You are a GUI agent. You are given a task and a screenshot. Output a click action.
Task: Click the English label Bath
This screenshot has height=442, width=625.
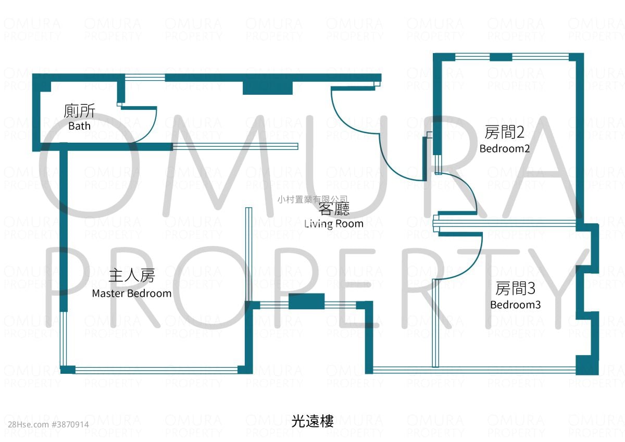pos(79,126)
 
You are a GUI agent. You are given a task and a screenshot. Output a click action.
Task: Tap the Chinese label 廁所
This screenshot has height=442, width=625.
pos(79,111)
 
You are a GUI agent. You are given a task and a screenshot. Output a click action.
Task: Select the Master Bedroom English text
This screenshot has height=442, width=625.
pos(132,294)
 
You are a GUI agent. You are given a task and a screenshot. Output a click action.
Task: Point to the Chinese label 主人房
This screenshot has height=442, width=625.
pos(132,275)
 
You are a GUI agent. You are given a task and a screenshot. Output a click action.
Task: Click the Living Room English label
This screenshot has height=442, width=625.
pos(334,224)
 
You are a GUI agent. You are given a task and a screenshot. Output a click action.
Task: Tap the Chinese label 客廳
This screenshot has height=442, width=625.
pos(334,209)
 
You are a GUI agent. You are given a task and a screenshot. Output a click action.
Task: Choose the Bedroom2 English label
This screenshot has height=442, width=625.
pos(505,148)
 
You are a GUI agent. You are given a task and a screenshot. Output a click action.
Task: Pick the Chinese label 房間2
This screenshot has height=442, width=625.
pos(505,132)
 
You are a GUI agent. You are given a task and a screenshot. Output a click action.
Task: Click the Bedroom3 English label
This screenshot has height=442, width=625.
pos(515,305)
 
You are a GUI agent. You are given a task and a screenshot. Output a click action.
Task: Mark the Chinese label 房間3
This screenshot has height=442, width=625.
pos(515,288)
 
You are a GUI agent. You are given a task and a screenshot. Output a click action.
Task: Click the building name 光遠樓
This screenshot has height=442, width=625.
pos(312,421)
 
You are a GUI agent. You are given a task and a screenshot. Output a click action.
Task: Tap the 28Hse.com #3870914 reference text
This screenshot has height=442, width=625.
pos(48,424)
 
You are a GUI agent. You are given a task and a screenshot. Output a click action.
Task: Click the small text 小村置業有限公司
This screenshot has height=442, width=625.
pos(312,199)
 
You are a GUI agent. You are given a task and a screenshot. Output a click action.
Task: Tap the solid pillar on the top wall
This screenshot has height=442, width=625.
pos(268,88)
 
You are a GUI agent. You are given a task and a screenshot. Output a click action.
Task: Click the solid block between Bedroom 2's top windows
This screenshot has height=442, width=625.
pos(501,57)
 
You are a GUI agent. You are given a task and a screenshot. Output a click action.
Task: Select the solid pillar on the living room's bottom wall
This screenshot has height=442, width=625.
pos(306,301)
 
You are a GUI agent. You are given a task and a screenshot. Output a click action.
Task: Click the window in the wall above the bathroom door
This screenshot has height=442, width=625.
pos(145,78)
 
